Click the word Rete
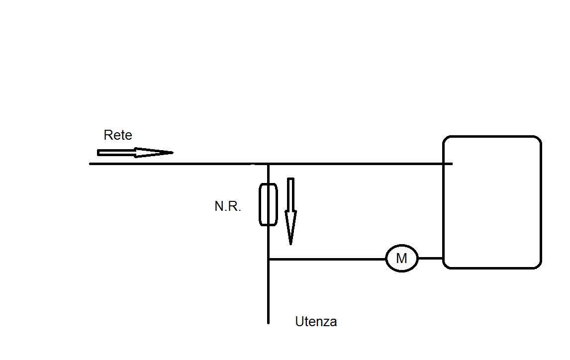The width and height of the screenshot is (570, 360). pyautogui.click(x=118, y=135)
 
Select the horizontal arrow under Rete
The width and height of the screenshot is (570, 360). pyautogui.click(x=135, y=153)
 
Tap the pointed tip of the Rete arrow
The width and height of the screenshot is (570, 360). pyautogui.click(x=173, y=153)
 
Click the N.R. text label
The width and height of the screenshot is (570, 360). pyautogui.click(x=228, y=206)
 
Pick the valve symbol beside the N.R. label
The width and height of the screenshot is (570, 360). pyautogui.click(x=260, y=204)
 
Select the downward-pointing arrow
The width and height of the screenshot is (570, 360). pyautogui.click(x=290, y=211)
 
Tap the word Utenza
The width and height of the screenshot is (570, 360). pyautogui.click(x=316, y=322)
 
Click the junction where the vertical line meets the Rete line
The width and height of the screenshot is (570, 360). pyautogui.click(x=268, y=164)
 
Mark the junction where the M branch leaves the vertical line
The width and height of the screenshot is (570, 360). pyautogui.click(x=268, y=259)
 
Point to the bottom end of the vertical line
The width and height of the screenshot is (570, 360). pyautogui.click(x=268, y=323)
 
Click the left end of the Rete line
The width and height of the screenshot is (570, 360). pyautogui.click(x=90, y=164)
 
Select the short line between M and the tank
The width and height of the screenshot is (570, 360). pyautogui.click(x=430, y=258)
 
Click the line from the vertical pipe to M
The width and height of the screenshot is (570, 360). pyautogui.click(x=327, y=259)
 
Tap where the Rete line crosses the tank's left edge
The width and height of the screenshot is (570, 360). pyautogui.click(x=444, y=164)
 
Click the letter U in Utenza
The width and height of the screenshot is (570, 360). pyautogui.click(x=299, y=322)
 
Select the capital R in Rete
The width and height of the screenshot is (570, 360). pyautogui.click(x=108, y=135)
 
